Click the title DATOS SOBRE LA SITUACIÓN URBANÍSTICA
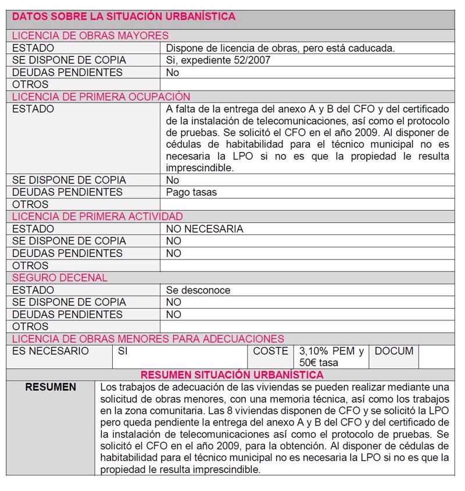tap(124, 17)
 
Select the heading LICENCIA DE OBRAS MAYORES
tap(90, 36)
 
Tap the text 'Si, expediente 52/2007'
tap(218, 60)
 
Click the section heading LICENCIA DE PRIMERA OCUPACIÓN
tap(101, 97)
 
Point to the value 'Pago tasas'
tap(192, 192)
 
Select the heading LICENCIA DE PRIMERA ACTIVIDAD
tap(98, 216)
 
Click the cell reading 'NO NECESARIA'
tap(205, 229)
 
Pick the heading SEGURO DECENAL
tap(60, 277)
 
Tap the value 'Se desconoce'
tap(198, 290)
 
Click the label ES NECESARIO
tap(51, 351)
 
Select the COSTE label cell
tap(270, 351)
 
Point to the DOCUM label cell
tap(394, 351)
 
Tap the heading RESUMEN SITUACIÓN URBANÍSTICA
tap(232, 375)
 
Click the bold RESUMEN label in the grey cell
tap(51, 387)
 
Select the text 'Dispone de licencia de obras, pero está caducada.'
tap(280, 48)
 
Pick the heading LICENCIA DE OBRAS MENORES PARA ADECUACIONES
tap(148, 339)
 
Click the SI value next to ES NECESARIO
tap(123, 351)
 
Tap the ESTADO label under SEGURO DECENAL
tap(33, 290)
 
